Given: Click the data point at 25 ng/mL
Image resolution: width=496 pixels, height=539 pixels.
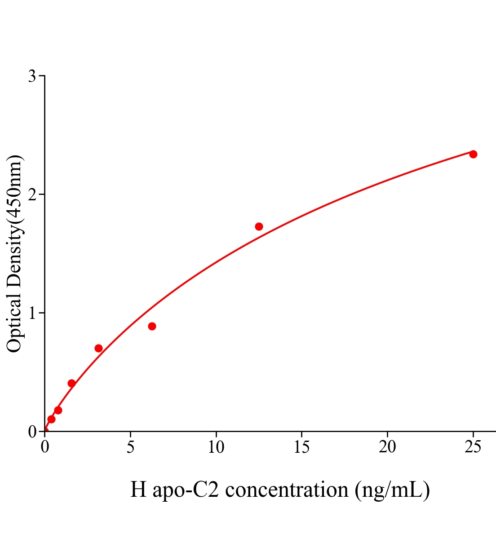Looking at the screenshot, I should pos(473,154).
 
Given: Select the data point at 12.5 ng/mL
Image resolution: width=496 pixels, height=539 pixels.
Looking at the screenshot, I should pos(259,226).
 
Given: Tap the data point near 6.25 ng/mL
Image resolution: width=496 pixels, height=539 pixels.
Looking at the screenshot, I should pos(152,326).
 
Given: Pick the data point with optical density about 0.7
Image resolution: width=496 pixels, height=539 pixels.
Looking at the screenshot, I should pos(98,348).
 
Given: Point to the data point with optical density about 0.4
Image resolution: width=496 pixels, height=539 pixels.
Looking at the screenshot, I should pos(71,383).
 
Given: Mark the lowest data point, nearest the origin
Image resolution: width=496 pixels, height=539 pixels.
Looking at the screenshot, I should pos(51,419).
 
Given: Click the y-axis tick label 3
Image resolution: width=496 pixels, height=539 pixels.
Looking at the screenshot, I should pos(32,76).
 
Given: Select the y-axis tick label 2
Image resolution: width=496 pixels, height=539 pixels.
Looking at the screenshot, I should pos(32,194).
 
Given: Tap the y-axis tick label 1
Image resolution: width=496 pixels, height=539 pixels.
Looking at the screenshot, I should pos(32,313).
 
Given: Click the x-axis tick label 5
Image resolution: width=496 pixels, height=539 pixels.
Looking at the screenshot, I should pos(130,447).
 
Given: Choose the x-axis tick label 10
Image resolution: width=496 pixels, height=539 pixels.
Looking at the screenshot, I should pos(216,447).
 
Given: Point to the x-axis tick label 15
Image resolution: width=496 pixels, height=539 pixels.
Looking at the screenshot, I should pos(301,447).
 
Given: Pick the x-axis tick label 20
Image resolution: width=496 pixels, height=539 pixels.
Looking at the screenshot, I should pos(387,447).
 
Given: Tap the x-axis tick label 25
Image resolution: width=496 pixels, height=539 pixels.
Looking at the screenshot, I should pos(473,447).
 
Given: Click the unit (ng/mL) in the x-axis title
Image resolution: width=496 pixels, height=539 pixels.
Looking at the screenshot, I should pos(392,490).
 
